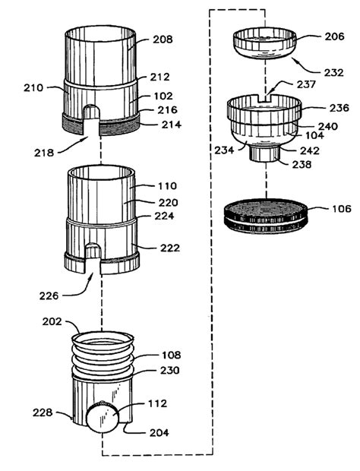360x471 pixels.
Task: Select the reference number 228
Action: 43,413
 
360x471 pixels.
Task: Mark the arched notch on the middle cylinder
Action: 93,254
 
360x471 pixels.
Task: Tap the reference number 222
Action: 169,248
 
